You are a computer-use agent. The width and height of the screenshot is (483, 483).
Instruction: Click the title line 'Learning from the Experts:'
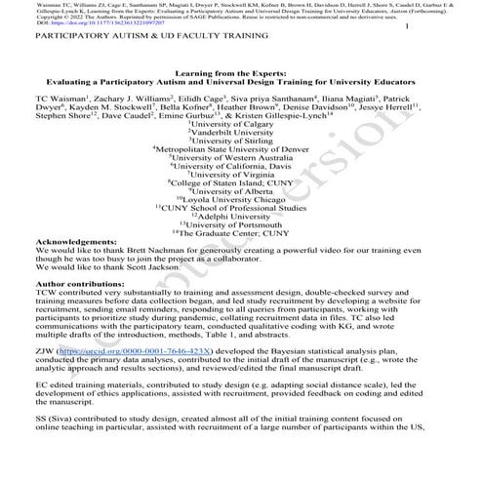click(x=240, y=86)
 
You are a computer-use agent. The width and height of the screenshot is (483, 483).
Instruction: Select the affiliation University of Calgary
click(x=241, y=124)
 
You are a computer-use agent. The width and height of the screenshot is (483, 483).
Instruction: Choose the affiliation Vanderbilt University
click(x=241, y=133)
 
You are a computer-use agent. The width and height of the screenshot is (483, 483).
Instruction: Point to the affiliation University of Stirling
click(x=241, y=142)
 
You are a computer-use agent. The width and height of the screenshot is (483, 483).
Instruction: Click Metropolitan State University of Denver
click(x=241, y=151)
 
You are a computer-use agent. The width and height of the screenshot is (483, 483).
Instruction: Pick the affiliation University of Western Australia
click(x=241, y=161)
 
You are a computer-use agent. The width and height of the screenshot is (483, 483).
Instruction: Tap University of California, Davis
click(x=241, y=170)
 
